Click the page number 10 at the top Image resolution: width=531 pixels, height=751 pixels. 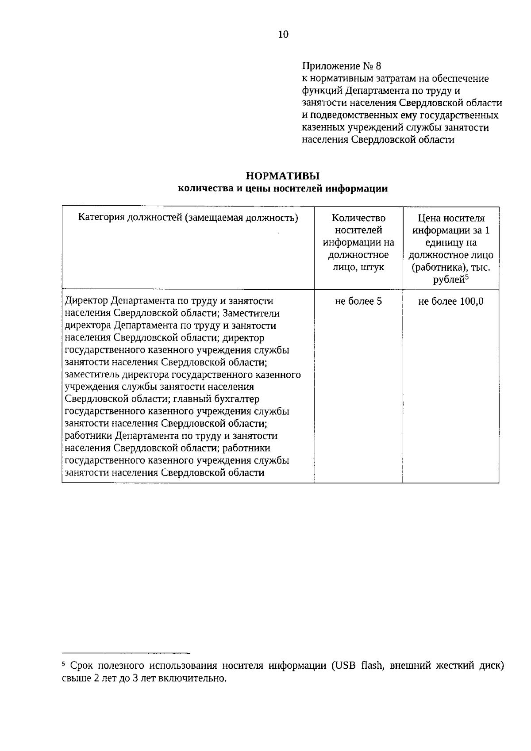[283, 34]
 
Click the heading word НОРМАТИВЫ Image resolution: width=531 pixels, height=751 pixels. [283, 176]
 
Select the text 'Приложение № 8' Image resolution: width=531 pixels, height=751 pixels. [341, 66]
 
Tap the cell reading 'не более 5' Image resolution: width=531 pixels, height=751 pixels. [358, 301]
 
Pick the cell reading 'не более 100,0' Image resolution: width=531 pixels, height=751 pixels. [451, 301]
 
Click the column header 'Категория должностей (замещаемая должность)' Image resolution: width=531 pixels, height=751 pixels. [188, 218]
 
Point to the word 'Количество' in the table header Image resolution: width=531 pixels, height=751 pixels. [358, 218]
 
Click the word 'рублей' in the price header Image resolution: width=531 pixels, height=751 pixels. [448, 280]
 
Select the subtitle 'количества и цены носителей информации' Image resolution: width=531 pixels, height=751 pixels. [283, 189]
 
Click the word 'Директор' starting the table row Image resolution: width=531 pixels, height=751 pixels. [86, 301]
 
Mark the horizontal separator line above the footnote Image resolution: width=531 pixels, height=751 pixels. [126, 652]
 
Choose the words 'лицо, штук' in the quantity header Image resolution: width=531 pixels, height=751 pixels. [358, 267]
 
